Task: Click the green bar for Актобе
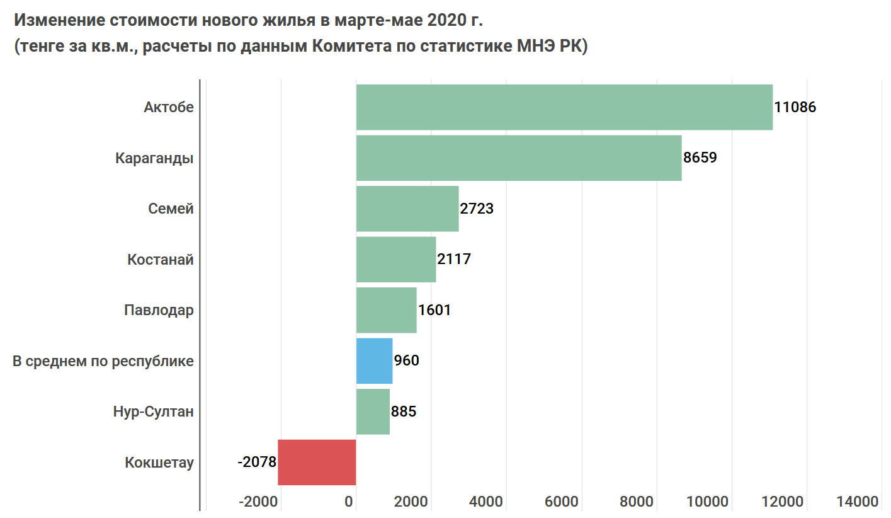pyautogui.click(x=564, y=107)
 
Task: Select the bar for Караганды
pyautogui.click(x=519, y=158)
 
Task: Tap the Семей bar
pyautogui.click(x=407, y=209)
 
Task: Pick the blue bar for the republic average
pyautogui.click(x=374, y=361)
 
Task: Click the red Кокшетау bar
pyautogui.click(x=317, y=463)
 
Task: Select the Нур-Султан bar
pyautogui.click(x=373, y=412)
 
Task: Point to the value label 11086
pyautogui.click(x=795, y=107)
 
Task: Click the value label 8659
pyautogui.click(x=700, y=158)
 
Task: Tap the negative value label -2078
pyautogui.click(x=257, y=463)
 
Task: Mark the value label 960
pyautogui.click(x=407, y=361)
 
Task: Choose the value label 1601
pyautogui.click(x=434, y=310)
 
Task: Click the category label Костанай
pyautogui.click(x=160, y=260)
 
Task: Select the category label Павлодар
pyautogui.click(x=159, y=310)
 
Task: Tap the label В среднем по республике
pyautogui.click(x=103, y=362)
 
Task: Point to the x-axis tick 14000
pyautogui.click(x=858, y=502)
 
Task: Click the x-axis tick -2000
pyautogui.click(x=259, y=502)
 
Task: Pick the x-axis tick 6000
pyautogui.click(x=561, y=502)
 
